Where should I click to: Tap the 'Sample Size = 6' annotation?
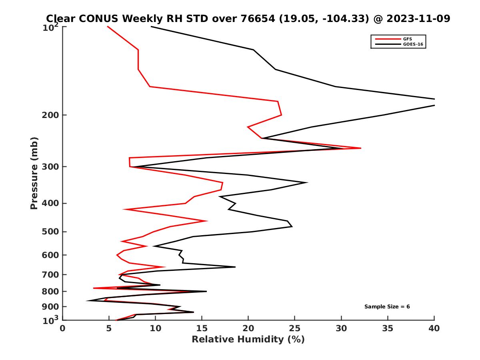pos(387,307)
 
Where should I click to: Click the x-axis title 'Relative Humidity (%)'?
pos(248,340)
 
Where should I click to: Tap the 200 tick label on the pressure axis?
pos(49,115)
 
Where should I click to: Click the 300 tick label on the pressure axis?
pos(49,167)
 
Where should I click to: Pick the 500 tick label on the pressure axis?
pos(49,232)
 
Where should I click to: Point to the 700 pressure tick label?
pos(49,275)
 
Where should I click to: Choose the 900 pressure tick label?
pos(49,307)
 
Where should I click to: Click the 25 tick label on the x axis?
pos(295,328)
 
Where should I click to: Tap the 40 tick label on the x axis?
pos(434,328)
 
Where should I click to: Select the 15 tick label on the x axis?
pos(202,328)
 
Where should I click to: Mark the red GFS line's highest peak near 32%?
pos(360,148)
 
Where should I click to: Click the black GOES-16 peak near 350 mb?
pos(307,182)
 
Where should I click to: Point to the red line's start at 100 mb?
pos(108,27)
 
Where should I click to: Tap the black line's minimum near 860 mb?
pos(87,300)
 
